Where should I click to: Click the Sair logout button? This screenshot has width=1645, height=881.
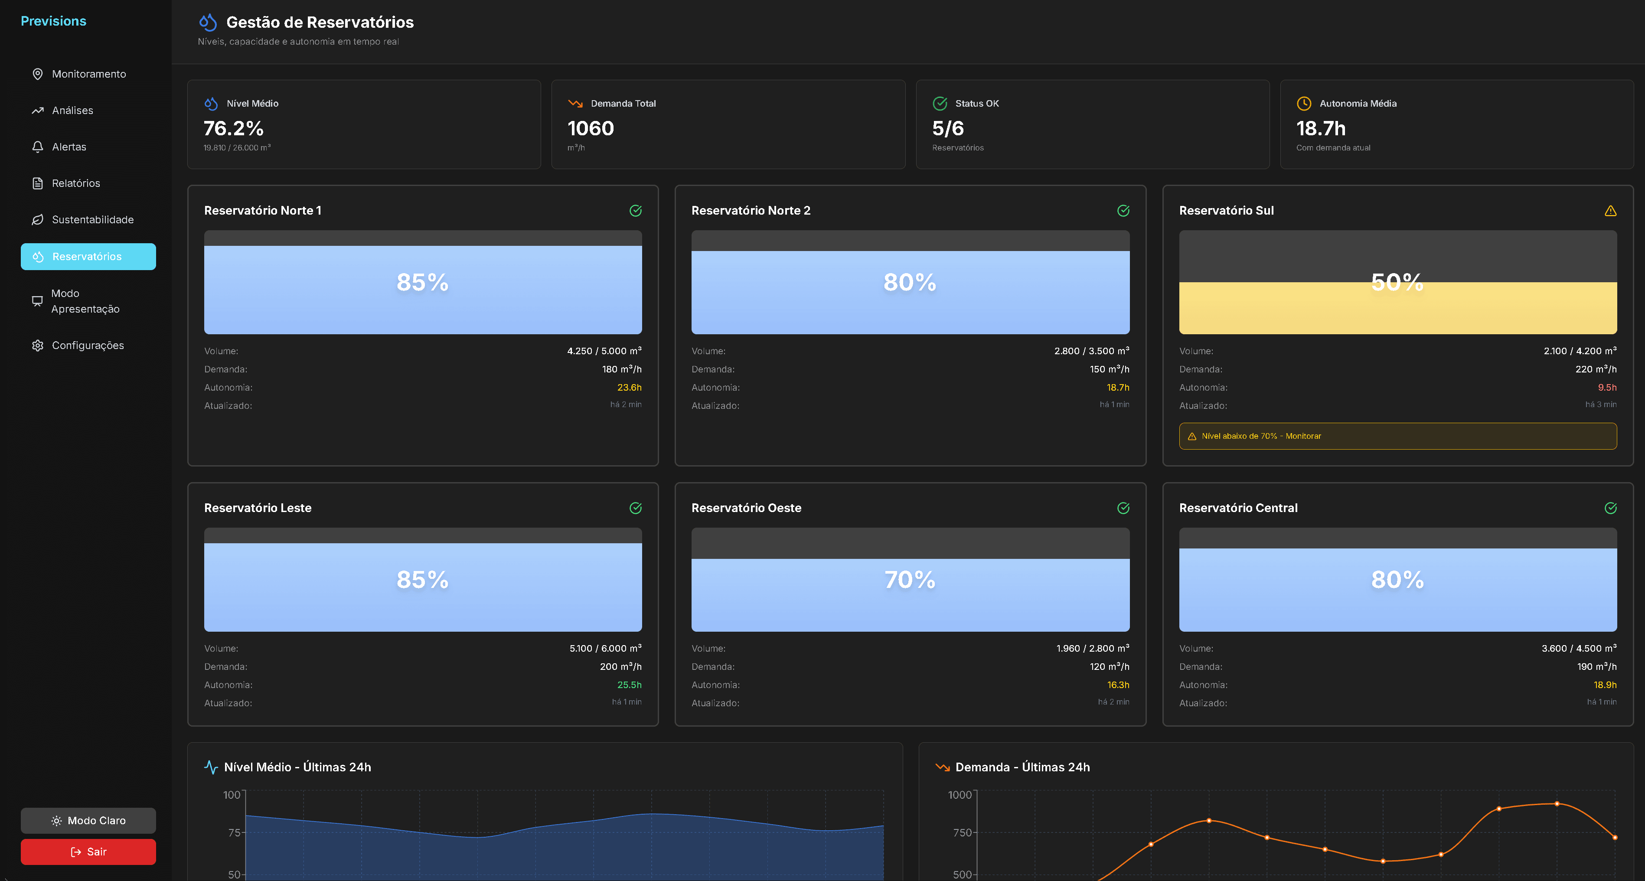coord(88,852)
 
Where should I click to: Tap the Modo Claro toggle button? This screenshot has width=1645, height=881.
coord(88,820)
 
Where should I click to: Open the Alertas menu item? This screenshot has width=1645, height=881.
coord(69,147)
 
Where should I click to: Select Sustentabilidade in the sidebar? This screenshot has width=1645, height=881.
coord(93,220)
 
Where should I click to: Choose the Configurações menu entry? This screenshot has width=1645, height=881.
coord(88,346)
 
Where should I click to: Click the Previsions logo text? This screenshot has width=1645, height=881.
coord(54,21)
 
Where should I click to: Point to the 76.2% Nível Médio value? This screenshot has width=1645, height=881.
coord(234,128)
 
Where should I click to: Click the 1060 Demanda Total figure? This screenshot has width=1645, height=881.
coord(591,128)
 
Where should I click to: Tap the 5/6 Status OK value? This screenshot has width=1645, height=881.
coord(948,128)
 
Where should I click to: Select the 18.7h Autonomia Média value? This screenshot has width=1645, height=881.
coord(1321,128)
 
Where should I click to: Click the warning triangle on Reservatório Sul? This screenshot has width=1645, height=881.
coord(1610,211)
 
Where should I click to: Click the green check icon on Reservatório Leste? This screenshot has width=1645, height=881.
coord(635,508)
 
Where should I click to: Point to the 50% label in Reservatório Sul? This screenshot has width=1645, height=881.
coord(1397,282)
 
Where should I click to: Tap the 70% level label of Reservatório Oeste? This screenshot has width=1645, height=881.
coord(910,580)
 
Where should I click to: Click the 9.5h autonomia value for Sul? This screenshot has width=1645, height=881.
coord(1607,388)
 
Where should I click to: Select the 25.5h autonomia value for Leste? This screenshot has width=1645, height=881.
coord(629,685)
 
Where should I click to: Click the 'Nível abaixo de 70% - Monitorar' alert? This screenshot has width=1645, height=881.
coord(1397,436)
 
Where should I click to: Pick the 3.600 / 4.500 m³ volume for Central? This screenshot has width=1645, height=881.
coord(1579,649)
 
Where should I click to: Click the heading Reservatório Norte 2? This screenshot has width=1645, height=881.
coord(751,211)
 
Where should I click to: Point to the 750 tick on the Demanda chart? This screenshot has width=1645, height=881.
coord(962,832)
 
